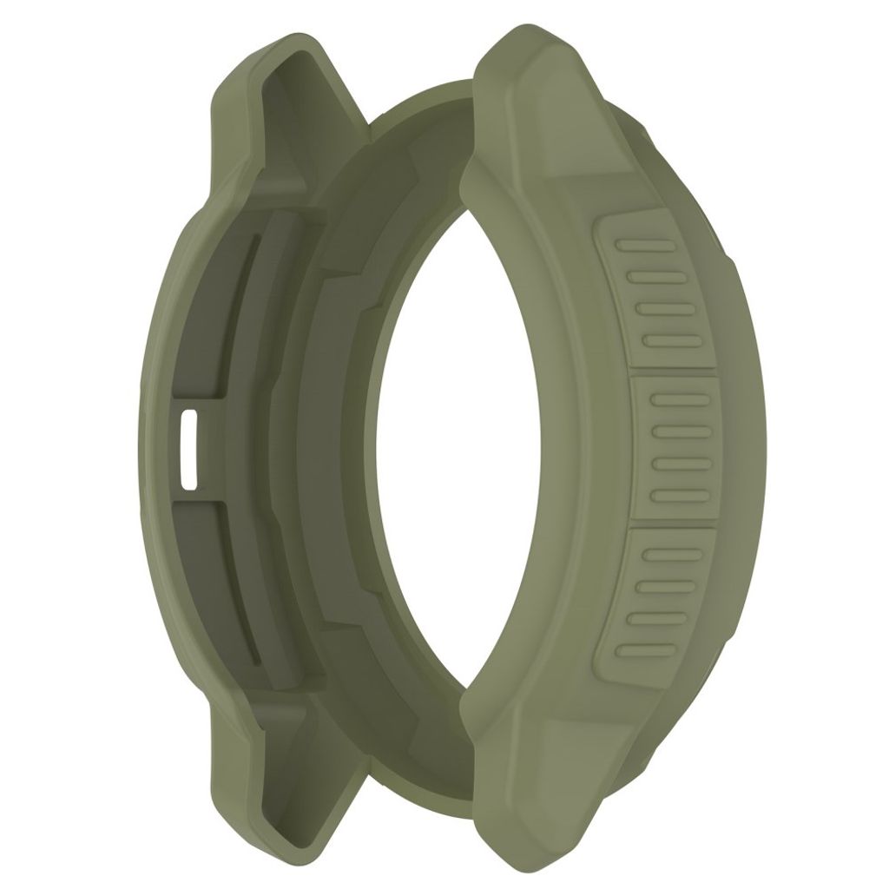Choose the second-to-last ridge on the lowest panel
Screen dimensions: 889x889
[x=650, y=617]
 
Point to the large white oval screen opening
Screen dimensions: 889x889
[x=469, y=443]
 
